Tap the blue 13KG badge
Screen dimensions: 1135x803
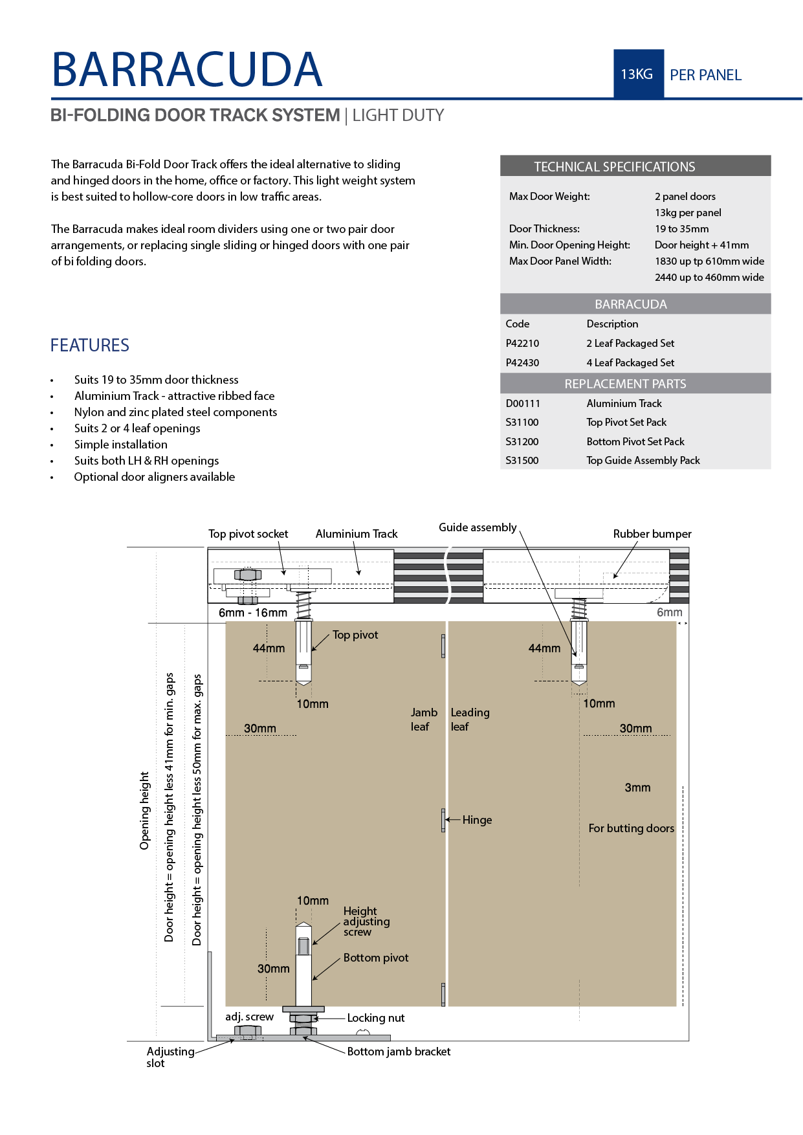[637, 74]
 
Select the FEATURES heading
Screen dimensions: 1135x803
[90, 346]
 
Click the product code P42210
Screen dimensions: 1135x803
[522, 344]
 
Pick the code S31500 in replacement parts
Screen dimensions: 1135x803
[522, 461]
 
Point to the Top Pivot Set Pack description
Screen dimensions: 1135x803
[626, 423]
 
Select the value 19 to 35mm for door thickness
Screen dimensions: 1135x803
[681, 229]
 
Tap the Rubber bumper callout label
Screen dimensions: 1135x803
[652, 534]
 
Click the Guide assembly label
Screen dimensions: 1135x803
[478, 527]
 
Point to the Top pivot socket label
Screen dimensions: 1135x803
[248, 534]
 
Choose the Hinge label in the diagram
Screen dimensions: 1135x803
[477, 820]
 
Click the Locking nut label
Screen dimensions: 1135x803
[375, 1018]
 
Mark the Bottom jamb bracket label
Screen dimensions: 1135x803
[399, 1052]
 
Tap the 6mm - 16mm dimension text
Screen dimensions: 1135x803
[252, 613]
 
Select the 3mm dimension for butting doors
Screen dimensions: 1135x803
[637, 788]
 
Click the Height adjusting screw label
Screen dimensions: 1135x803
[366, 921]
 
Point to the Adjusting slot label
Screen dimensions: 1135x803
[170, 1057]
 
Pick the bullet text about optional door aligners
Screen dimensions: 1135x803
[155, 477]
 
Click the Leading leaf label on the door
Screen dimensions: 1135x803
[470, 720]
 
